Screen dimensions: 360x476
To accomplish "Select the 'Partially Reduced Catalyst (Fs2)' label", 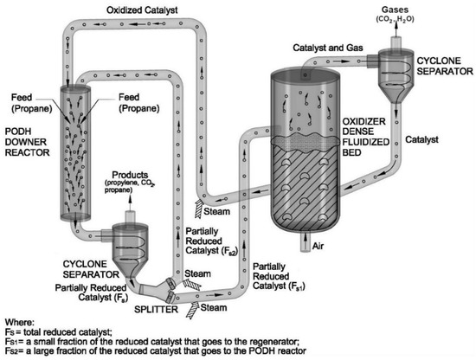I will pos(210,240).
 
